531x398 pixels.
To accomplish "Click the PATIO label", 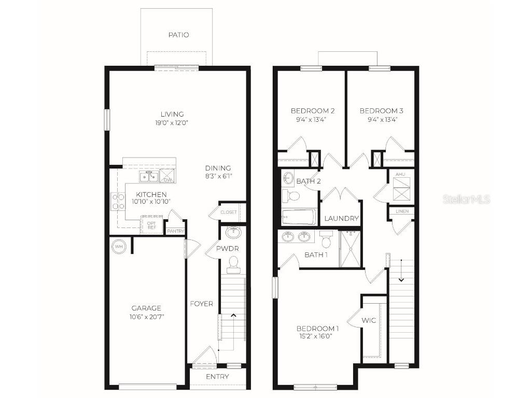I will coord(178,35).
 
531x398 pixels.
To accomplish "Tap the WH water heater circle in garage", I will coord(119,246).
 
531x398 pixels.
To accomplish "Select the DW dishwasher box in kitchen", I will coord(167,176).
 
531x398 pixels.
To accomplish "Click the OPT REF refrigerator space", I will coord(151,225).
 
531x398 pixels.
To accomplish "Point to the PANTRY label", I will coord(175,231).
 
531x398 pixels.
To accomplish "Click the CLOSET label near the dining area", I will coord(228,212).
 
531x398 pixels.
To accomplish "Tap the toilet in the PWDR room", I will coord(233,265).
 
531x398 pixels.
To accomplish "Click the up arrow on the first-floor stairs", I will coord(233,315).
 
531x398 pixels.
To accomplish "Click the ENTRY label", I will coord(217,377).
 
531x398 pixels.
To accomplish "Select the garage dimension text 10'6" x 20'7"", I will coord(146,317).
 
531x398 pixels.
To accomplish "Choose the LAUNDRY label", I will coord(341,219).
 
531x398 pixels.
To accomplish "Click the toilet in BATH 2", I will coord(293,196).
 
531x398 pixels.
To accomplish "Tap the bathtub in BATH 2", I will coord(298,217).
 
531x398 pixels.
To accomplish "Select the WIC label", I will coord(370,320).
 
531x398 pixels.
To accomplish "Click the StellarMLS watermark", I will coord(466,200).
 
